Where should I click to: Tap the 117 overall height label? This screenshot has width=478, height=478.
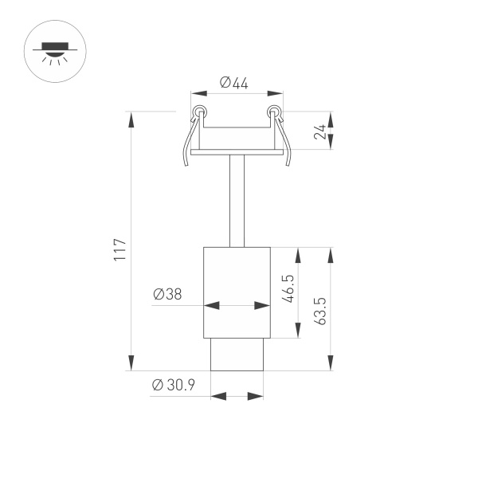tap(120, 250)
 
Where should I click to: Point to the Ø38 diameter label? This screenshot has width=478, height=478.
tap(167, 294)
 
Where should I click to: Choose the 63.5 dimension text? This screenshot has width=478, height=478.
tap(319, 311)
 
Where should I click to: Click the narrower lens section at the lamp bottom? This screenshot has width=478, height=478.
tap(237, 355)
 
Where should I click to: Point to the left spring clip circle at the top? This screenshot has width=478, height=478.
tap(198, 111)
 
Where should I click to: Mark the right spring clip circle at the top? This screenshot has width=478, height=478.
tap(274, 111)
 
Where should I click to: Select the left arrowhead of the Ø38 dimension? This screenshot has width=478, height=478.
tap(210, 304)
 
